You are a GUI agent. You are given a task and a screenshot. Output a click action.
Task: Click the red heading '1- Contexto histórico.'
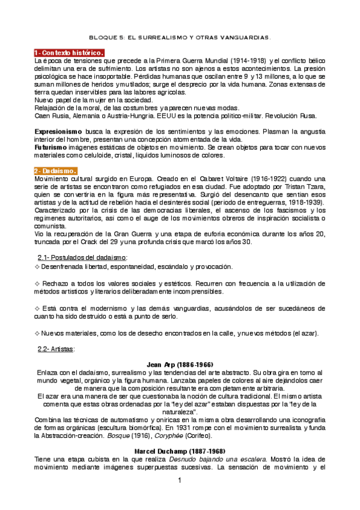[x=70, y=53]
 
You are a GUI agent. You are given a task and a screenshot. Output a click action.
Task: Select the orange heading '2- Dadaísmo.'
[x=59, y=171]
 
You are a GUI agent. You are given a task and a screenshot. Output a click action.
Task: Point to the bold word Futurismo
[x=51, y=147]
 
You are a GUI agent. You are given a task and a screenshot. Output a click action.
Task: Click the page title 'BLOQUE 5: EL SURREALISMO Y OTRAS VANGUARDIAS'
[x=180, y=37]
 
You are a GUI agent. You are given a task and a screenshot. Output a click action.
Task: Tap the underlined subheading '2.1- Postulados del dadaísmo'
[x=88, y=257]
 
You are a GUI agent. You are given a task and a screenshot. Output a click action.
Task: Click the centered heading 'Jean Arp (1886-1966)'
[x=180, y=364]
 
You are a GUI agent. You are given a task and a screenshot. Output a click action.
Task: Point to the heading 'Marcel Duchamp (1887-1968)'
[x=180, y=450]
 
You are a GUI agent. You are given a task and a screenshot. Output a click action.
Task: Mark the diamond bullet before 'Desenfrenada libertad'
[x=37, y=266]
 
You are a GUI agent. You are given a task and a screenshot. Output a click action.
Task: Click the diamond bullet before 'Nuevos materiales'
[x=37, y=333]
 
